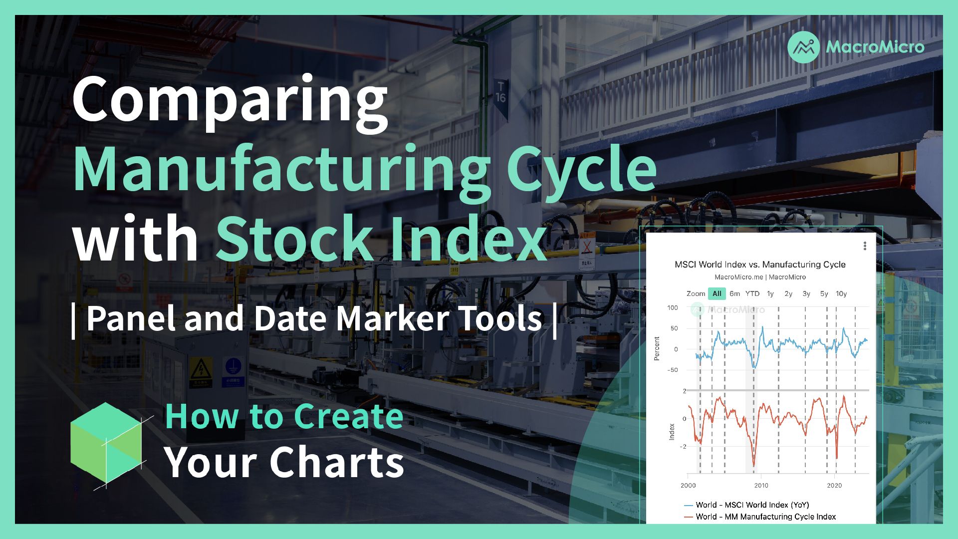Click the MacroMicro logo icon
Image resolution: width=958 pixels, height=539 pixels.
pyautogui.click(x=803, y=47)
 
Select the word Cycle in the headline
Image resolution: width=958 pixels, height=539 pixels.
pyautogui.click(x=582, y=170)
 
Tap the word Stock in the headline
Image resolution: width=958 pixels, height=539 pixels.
pyautogui.click(x=294, y=239)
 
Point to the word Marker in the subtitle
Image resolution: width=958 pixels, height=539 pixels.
pyautogui.click(x=394, y=318)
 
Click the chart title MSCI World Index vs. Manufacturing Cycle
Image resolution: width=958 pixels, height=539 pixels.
pyautogui.click(x=760, y=265)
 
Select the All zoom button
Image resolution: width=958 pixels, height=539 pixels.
pyautogui.click(x=717, y=293)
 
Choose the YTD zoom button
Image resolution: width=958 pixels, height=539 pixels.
pyautogui.click(x=752, y=293)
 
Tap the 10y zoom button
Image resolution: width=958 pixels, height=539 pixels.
pyautogui.click(x=841, y=293)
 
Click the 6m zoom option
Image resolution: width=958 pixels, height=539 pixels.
pyautogui.click(x=734, y=293)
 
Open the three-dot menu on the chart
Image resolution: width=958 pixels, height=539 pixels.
pyautogui.click(x=865, y=246)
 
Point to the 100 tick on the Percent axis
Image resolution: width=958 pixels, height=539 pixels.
pyautogui.click(x=673, y=307)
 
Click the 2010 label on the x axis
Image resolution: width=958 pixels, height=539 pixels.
pyautogui.click(x=761, y=485)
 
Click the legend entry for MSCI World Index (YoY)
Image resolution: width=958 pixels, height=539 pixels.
pyautogui.click(x=752, y=505)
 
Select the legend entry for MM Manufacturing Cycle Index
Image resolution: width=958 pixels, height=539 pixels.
pyautogui.click(x=765, y=517)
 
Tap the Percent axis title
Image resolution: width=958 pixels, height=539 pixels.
pyautogui.click(x=657, y=348)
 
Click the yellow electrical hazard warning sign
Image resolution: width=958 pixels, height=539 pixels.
pyautogui.click(x=201, y=369)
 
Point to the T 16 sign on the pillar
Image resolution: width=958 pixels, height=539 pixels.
pyautogui.click(x=500, y=92)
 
